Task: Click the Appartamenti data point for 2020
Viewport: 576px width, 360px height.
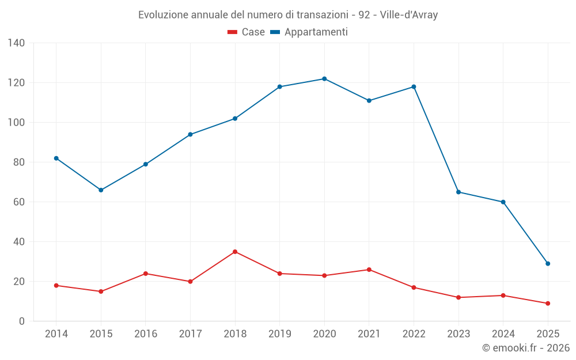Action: point(324,79)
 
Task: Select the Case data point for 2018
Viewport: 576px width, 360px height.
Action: point(235,252)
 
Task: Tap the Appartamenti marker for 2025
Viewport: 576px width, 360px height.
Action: point(548,264)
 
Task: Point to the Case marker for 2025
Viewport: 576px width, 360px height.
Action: point(548,304)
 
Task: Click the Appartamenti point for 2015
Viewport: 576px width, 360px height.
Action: point(101,190)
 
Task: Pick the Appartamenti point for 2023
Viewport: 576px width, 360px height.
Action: point(458,192)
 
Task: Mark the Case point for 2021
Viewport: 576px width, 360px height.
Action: point(369,270)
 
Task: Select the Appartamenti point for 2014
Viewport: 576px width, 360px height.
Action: point(56,158)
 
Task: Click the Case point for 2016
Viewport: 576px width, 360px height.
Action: point(146,274)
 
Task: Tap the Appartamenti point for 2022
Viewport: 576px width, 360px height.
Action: point(414,87)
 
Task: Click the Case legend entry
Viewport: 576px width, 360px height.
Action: point(247,32)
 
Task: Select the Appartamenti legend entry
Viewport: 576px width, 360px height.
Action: point(309,32)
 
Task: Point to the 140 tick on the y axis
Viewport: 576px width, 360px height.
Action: point(17,43)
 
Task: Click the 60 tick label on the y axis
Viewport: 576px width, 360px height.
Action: point(19,202)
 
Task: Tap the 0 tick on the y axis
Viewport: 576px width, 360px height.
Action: point(22,321)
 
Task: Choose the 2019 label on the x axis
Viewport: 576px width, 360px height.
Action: point(280,334)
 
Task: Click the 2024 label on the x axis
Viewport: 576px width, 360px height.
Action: point(503,334)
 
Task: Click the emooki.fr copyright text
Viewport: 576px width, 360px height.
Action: point(526,348)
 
